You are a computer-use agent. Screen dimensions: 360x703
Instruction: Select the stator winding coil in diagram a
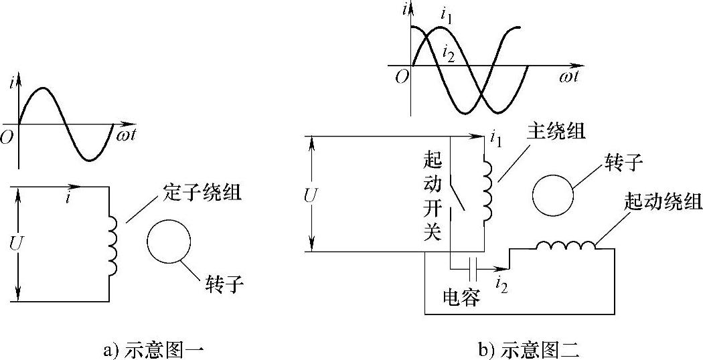[112, 246]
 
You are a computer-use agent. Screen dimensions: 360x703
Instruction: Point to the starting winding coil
[566, 247]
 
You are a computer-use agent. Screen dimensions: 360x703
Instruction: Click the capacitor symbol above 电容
[473, 270]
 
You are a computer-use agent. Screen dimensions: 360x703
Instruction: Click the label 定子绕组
[202, 195]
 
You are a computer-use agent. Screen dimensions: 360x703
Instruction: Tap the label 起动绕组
[662, 201]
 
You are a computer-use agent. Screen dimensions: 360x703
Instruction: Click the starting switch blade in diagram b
[459, 195]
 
